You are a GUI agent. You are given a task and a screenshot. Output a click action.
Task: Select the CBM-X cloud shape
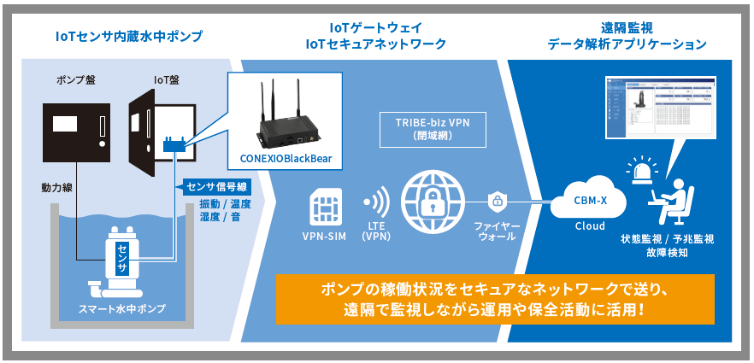click(x=589, y=202)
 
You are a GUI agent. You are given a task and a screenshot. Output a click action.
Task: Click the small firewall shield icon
click(x=496, y=202)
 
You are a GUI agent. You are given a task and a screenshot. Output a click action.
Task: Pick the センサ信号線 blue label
click(x=217, y=186)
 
